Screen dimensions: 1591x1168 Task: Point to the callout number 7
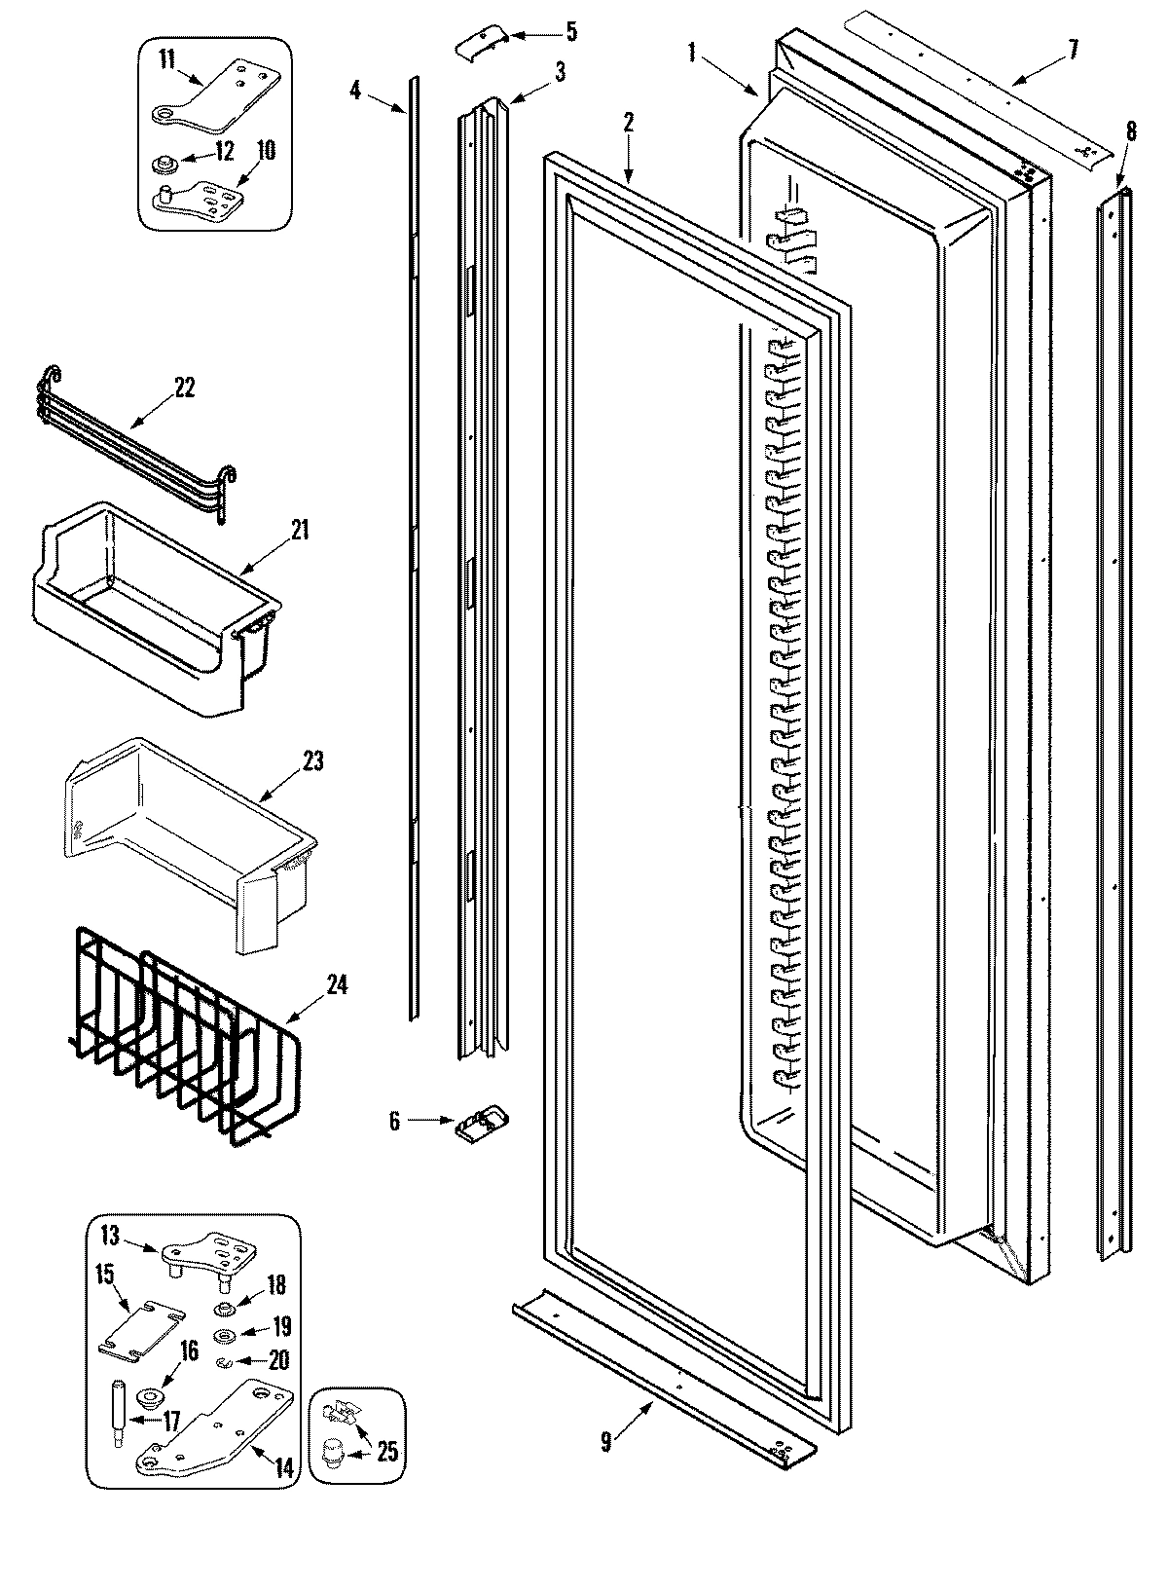tap(1073, 49)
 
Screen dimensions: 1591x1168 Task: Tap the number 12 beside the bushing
tap(224, 152)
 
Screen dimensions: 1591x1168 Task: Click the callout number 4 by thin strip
tap(355, 91)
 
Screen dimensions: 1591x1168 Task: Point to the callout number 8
tap(1130, 129)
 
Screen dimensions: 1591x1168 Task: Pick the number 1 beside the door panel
tap(692, 53)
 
